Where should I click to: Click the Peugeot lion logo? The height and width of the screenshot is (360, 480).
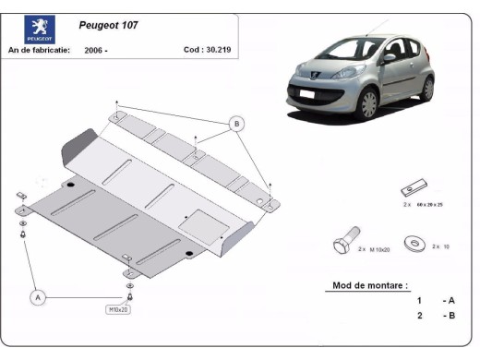point(40,30)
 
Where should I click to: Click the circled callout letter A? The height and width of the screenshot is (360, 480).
point(38,297)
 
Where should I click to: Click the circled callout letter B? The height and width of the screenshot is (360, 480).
point(236,124)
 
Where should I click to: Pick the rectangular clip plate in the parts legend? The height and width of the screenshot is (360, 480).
point(412,189)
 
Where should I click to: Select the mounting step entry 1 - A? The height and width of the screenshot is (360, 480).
point(435,301)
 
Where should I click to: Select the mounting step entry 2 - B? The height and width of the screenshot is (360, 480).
point(435,316)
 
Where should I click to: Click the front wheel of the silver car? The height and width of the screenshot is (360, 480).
point(369,103)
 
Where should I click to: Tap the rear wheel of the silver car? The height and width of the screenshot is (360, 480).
point(426,88)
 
